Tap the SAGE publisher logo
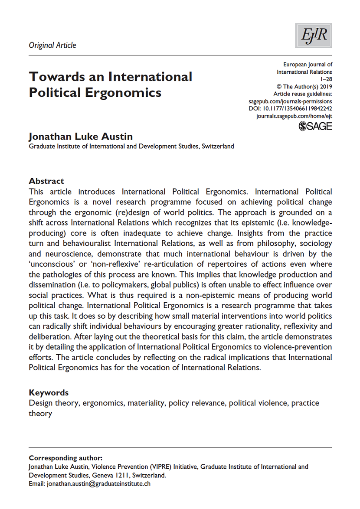pyautogui.click(x=316, y=126)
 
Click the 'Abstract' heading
pyautogui.click(x=46, y=181)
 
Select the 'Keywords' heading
pyautogui.click(x=49, y=393)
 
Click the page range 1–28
pyautogui.click(x=326, y=79)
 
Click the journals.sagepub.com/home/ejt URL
pyautogui.click(x=295, y=117)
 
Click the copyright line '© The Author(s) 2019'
pyautogui.click(x=304, y=87)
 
